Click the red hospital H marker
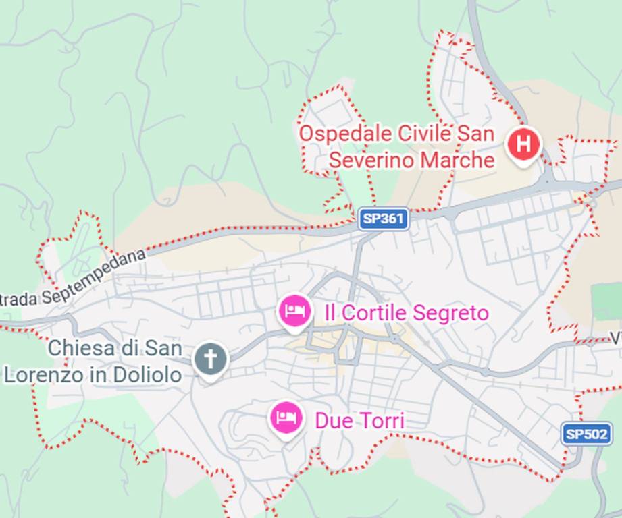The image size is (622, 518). click(x=525, y=144)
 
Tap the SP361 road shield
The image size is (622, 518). click(x=384, y=219)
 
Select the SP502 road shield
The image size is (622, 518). click(x=586, y=434)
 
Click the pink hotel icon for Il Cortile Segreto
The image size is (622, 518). click(x=295, y=310)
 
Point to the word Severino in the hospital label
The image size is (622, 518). click(x=370, y=161)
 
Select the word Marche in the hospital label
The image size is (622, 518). click(x=457, y=161)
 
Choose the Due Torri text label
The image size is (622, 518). click(x=359, y=421)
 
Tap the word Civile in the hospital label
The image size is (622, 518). click(x=423, y=133)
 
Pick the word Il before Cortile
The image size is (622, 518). click(x=330, y=313)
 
